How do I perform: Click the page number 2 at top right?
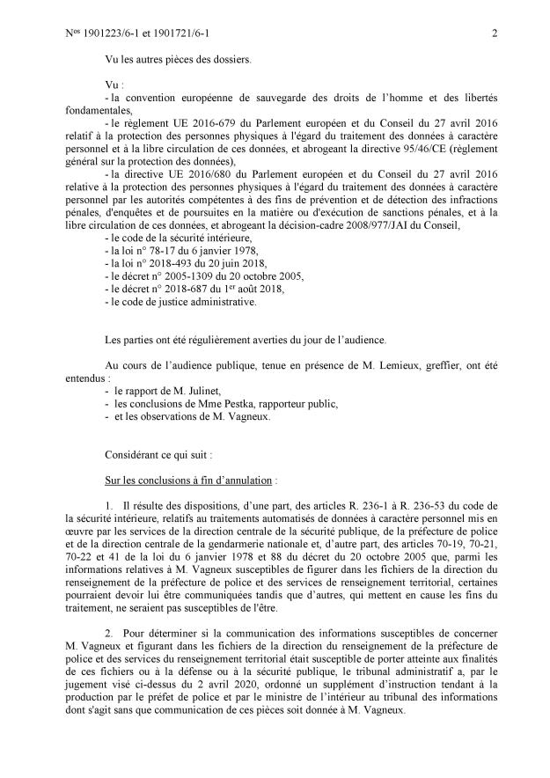pos(495,34)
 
